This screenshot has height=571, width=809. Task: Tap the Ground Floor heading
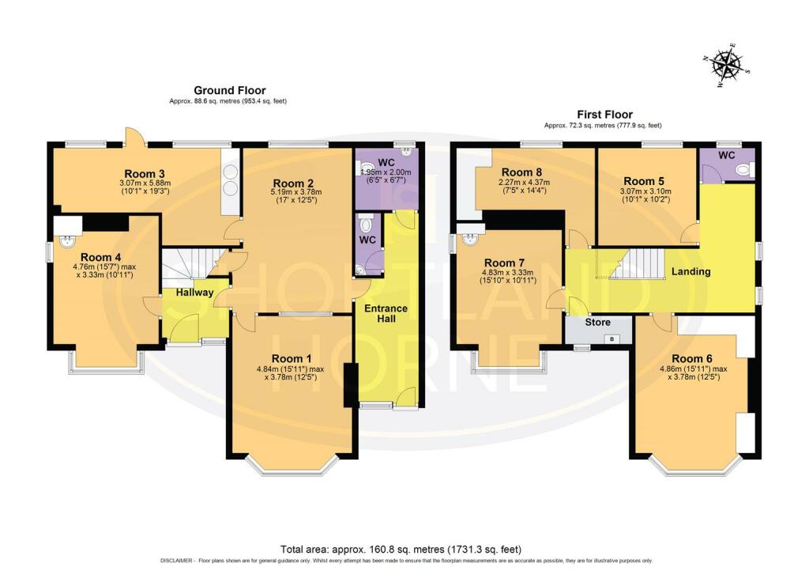pos(230,91)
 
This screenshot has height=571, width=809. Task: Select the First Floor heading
pos(603,115)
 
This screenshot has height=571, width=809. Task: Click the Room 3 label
pos(145,173)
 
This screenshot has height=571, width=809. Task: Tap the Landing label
pos(690,271)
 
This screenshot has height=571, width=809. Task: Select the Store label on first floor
pos(597,322)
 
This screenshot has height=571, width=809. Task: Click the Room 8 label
pos(522,172)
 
